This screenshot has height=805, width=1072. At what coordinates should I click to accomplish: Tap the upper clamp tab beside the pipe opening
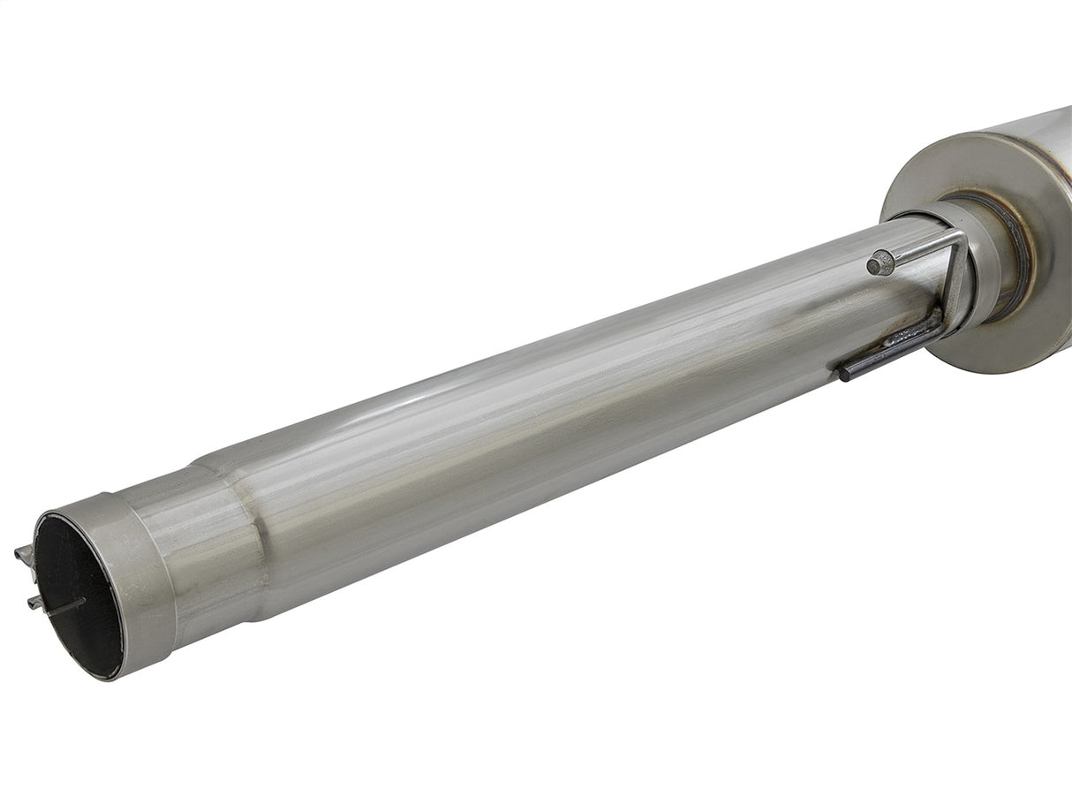[24, 555]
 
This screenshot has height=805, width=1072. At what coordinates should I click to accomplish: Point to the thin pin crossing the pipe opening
[65, 606]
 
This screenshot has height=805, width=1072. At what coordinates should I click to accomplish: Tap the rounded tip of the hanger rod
[879, 262]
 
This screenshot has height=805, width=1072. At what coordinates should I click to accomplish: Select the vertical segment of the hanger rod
[955, 283]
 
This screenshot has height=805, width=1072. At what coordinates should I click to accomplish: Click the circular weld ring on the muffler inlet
[1015, 252]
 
